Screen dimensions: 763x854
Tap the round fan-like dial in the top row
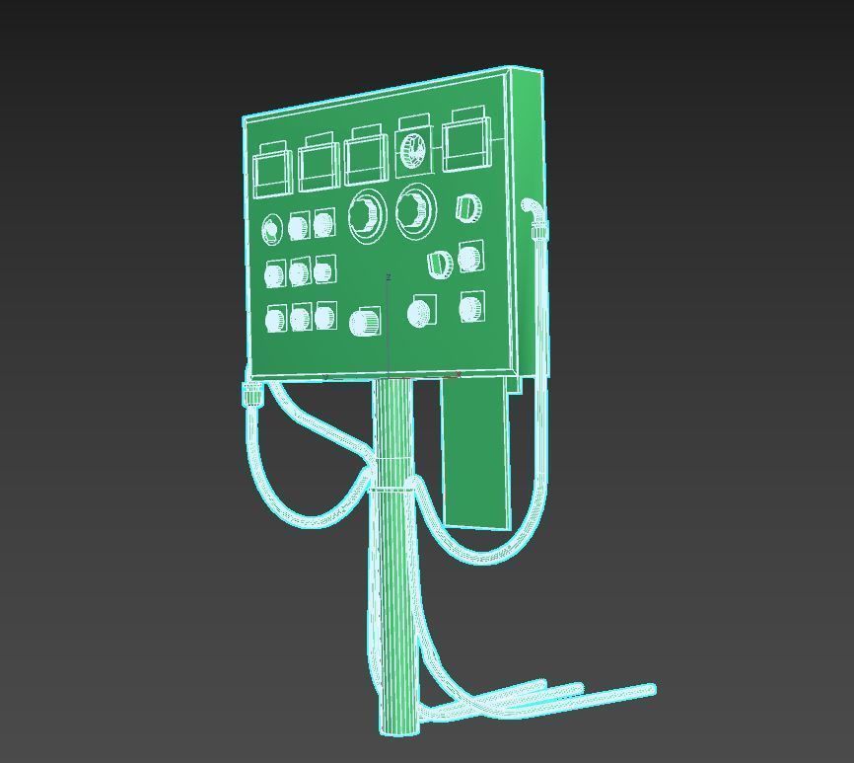pyautogui.click(x=413, y=150)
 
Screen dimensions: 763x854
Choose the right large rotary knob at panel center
pyautogui.click(x=413, y=210)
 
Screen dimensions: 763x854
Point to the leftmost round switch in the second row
pyautogui.click(x=272, y=231)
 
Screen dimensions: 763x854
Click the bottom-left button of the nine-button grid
pyautogui.click(x=276, y=320)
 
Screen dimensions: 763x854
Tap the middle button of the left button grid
pyautogui.click(x=300, y=271)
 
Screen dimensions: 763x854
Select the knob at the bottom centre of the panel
pyautogui.click(x=365, y=322)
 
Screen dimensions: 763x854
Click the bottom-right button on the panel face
pyautogui.click(x=471, y=309)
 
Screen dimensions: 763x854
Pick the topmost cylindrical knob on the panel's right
pyautogui.click(x=468, y=208)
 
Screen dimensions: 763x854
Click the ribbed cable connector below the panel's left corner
pyautogui.click(x=252, y=395)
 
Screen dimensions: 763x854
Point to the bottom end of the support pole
pyautogui.click(x=399, y=729)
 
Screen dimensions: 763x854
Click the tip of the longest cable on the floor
pyautogui.click(x=650, y=688)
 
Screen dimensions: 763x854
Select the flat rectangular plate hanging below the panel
pyautogui.click(x=475, y=454)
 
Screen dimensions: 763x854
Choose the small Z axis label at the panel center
pyautogui.click(x=389, y=277)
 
